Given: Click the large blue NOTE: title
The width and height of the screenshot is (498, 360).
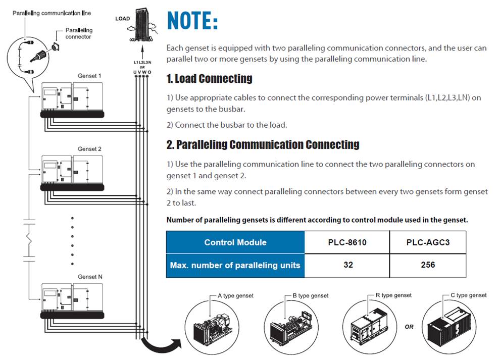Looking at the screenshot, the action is (x=192, y=21).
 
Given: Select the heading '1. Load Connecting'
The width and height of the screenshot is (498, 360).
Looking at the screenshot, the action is (x=209, y=78).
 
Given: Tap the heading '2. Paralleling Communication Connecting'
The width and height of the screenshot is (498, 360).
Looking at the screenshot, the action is (x=263, y=144).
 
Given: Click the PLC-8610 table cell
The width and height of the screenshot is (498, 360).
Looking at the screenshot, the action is (x=347, y=242).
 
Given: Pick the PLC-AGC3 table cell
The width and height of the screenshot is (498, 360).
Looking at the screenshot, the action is (x=428, y=242).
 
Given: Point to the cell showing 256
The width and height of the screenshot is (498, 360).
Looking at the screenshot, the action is (x=428, y=265).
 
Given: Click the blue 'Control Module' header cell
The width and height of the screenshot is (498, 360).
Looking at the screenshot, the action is (x=235, y=242).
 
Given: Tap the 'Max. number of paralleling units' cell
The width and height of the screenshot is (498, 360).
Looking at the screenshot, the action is (x=235, y=266).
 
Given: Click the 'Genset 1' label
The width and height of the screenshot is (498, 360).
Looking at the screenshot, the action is (x=89, y=76).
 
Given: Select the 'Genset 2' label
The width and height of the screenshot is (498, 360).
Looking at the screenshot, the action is (x=89, y=149).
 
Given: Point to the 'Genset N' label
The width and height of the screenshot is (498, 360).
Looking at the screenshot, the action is (x=90, y=277).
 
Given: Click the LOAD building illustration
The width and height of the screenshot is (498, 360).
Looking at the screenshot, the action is (x=143, y=25).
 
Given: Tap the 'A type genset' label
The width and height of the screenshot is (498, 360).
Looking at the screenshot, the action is (x=235, y=295).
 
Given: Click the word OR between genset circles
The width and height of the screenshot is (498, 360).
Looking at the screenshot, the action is (x=409, y=327).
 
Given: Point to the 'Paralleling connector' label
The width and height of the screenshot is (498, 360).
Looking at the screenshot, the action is (x=79, y=33).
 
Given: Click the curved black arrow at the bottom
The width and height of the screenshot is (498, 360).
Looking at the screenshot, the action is (x=161, y=345).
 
